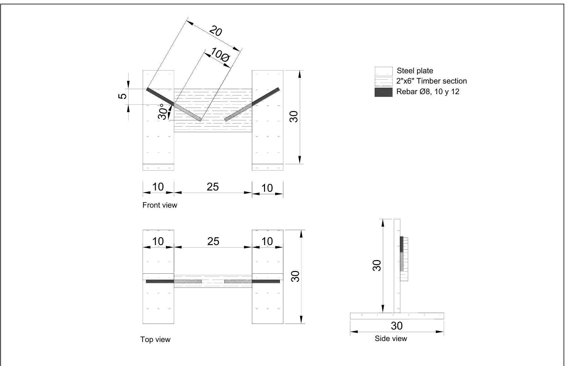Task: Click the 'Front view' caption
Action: point(159,205)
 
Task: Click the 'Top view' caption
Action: point(155,340)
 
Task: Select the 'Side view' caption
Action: point(390,339)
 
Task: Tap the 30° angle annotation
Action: point(163,112)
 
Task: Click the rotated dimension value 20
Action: point(215,31)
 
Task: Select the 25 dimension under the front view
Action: point(213,187)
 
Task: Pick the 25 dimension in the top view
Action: point(213,241)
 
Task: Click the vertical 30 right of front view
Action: point(294,117)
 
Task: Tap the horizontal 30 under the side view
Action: point(396,326)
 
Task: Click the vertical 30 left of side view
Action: point(377,265)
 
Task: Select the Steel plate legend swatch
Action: point(383,71)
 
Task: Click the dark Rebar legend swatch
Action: point(383,92)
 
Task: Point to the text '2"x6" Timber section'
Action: point(431,81)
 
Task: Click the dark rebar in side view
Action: point(402,244)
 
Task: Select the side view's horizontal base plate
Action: point(397,316)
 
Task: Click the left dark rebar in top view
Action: point(160,282)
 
